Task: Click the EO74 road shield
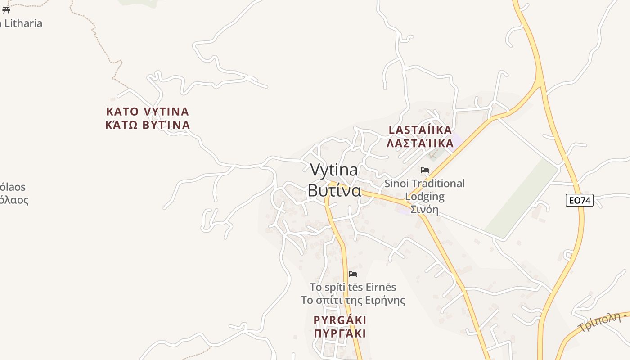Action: point(579,200)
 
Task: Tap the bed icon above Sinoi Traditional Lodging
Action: point(424,170)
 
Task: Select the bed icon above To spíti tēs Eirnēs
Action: point(353,274)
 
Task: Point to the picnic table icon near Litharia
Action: point(6,10)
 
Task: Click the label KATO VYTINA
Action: point(148,112)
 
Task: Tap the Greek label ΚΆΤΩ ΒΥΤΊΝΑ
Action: point(148,125)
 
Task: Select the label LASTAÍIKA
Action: point(420,130)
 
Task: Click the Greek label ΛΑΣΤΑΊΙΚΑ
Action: point(420,144)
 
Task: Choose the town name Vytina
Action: point(334,170)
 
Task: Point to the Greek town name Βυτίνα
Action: point(334,190)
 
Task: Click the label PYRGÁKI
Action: point(340,320)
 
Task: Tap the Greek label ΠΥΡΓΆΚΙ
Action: point(340,334)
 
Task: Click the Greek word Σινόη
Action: point(424,210)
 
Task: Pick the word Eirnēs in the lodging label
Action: point(381,287)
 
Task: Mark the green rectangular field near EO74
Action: point(522,198)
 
